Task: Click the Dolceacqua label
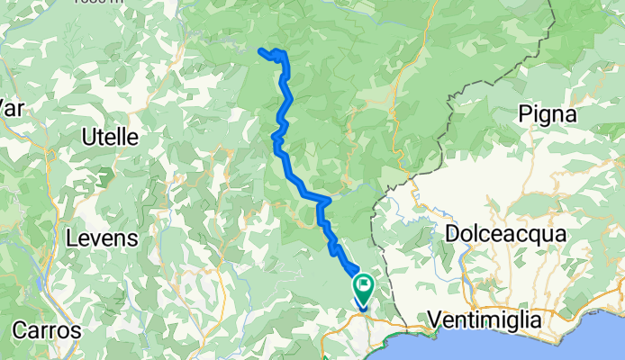point(505,233)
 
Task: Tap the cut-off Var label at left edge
point(11,108)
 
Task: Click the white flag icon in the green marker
point(365,288)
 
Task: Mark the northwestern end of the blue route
point(260,50)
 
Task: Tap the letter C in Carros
point(20,330)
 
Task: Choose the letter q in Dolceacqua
point(540,235)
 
